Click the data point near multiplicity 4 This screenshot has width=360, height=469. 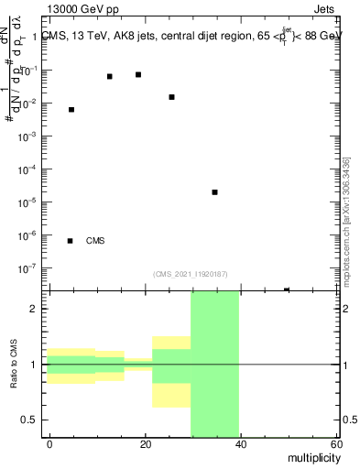point(71,110)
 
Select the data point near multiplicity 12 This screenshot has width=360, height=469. point(109,77)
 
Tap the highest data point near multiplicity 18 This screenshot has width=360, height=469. point(137,75)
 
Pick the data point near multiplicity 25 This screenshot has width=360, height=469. point(171,97)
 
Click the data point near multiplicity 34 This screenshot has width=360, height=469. point(214,192)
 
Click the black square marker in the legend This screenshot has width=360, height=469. point(71,241)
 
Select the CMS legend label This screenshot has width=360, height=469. point(95,241)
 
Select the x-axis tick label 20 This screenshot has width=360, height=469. point(146,444)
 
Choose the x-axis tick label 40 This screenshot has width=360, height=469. point(241,444)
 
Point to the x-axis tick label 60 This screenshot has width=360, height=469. point(335,444)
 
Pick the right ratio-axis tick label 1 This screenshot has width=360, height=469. point(345,365)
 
